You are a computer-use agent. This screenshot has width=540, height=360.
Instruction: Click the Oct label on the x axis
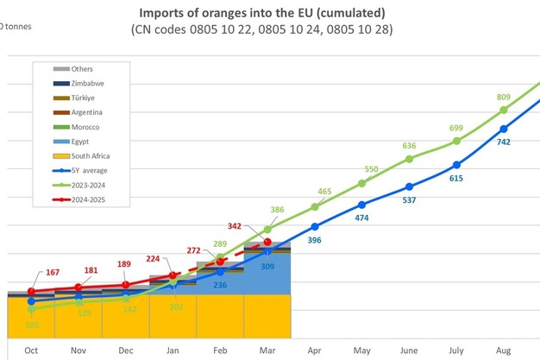tap(31, 351)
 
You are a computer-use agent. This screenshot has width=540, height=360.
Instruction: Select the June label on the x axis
tap(409, 351)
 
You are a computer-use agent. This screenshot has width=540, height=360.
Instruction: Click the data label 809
tap(504, 98)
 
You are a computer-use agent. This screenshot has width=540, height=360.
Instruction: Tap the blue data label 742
tap(505, 142)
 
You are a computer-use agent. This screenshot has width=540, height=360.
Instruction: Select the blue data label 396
tap(314, 240)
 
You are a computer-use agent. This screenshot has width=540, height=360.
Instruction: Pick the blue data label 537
tap(410, 199)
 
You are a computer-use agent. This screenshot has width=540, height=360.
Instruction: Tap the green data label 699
tap(456, 128)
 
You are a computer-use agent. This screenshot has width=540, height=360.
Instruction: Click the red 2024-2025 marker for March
tap(267, 243)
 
